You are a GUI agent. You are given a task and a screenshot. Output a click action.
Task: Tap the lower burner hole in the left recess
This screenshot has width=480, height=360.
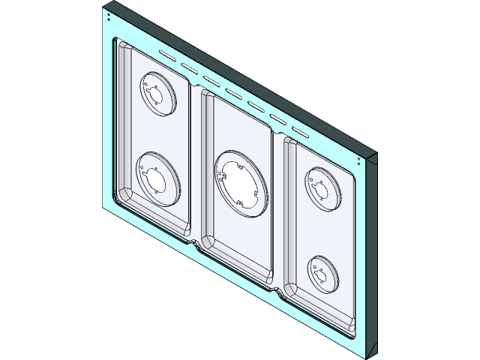(x=156, y=176)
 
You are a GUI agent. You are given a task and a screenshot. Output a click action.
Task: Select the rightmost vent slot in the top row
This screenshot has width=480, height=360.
(x=300, y=131)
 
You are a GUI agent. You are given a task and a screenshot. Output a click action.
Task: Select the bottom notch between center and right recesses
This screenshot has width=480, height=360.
(x=280, y=290)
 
